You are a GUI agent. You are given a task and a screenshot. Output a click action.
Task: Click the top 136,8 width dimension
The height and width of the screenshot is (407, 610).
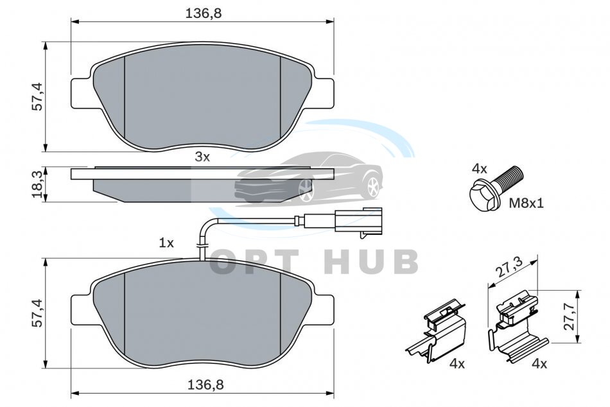[203, 13]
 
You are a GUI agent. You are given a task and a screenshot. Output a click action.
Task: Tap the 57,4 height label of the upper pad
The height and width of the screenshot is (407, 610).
[38, 96]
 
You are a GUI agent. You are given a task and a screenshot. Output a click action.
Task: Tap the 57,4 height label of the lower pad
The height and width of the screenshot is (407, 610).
[38, 312]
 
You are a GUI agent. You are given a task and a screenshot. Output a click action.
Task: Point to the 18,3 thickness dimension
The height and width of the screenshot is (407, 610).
[38, 185]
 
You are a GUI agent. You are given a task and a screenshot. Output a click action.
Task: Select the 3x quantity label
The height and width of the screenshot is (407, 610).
[202, 157]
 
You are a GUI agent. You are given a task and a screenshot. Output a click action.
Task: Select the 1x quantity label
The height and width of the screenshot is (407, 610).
[166, 243]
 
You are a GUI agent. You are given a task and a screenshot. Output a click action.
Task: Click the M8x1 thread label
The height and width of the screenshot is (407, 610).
[527, 203]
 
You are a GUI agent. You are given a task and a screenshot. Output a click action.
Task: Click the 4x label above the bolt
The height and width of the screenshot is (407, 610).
[479, 169]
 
